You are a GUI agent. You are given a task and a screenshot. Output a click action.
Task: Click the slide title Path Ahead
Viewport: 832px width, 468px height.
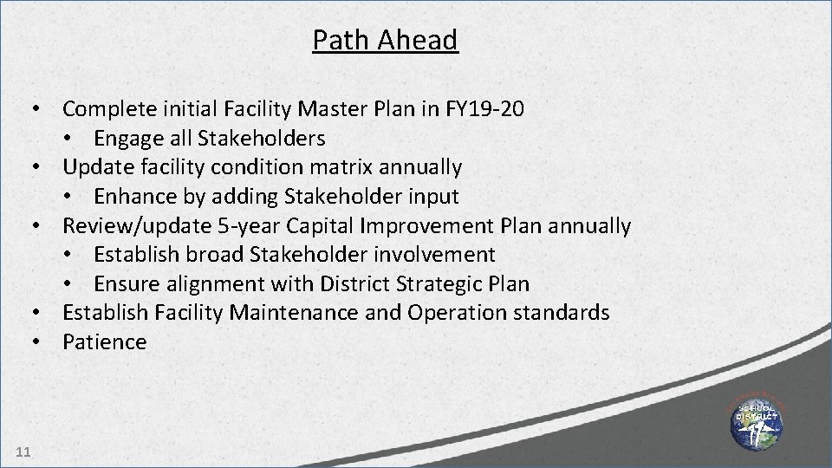[x=385, y=40]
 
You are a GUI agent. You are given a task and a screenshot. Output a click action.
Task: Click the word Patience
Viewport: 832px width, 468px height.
[x=105, y=341]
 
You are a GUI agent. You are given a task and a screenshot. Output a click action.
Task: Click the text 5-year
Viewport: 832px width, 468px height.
[x=247, y=226]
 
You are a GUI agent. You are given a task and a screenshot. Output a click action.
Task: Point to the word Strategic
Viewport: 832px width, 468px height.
[x=433, y=283]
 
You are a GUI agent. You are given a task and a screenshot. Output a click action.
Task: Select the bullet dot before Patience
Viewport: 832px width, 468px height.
[x=38, y=341]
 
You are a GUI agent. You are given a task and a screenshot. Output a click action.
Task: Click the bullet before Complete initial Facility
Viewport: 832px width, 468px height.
[x=38, y=109]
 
